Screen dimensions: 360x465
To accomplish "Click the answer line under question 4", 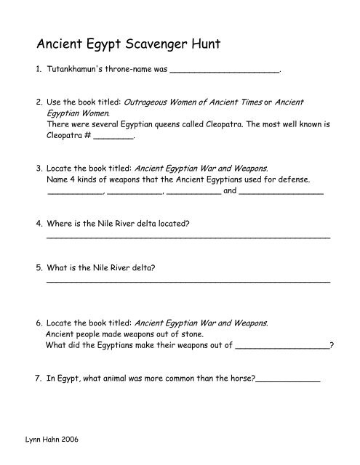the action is pyautogui.click(x=188, y=237).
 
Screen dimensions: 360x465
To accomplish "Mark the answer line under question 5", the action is pyautogui.click(x=188, y=280).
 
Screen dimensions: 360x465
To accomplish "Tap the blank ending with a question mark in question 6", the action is pyautogui.click(x=284, y=347).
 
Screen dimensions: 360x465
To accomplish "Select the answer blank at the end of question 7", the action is pyautogui.click(x=289, y=379).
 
